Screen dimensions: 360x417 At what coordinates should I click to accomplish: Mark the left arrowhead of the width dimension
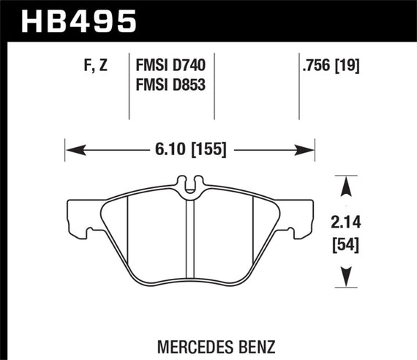(72, 151)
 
